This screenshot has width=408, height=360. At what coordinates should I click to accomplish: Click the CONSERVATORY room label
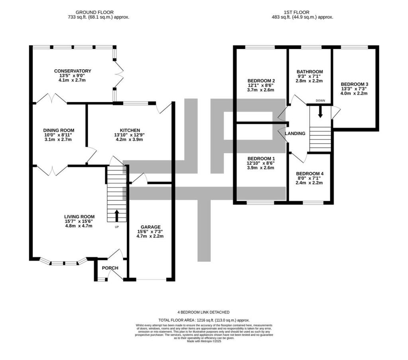coord(73,71)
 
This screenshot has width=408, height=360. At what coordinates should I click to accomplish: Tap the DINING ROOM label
coord(59,130)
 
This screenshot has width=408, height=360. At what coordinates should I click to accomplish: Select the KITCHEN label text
coord(130,130)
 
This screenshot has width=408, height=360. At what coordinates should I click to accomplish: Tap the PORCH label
coord(110,268)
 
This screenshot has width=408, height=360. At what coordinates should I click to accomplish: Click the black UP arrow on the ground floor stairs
coord(117,215)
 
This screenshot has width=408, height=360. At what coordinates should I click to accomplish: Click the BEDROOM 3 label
coord(354,84)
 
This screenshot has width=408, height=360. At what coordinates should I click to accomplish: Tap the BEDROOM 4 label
coord(309,174)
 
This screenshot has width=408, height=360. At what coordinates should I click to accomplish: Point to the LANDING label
coord(295,133)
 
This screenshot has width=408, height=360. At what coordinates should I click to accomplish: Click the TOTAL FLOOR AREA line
coord(204,320)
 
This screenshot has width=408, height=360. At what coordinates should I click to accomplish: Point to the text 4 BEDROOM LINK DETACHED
coord(204,312)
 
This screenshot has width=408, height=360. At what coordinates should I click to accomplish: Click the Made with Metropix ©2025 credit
coord(204,341)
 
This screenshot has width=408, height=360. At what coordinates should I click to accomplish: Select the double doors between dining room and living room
coord(51,170)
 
